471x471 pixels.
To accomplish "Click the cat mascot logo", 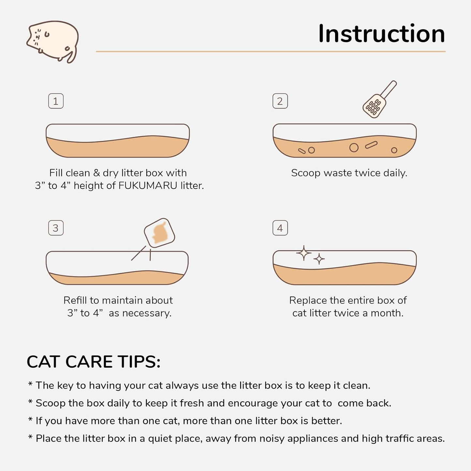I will point(53,41).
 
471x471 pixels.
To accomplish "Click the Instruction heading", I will point(381,34).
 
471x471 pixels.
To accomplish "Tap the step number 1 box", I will point(56,101).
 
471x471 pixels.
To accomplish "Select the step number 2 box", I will point(280,101).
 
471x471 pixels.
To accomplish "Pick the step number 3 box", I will point(56,228).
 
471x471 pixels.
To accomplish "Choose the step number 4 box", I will point(280,228).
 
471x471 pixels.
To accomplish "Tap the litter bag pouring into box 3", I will point(159,233).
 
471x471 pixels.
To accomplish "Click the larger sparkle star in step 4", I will point(304,253).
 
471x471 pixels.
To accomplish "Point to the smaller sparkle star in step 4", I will point(319,259).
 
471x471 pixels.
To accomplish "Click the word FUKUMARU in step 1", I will point(148,185).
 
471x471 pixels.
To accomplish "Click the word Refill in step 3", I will point(75,300).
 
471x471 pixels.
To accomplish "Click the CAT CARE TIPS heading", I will point(94,362).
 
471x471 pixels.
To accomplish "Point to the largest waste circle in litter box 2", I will point(354,148).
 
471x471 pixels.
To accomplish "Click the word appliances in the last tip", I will point(313,438).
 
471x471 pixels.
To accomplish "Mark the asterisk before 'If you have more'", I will point(30,420).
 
